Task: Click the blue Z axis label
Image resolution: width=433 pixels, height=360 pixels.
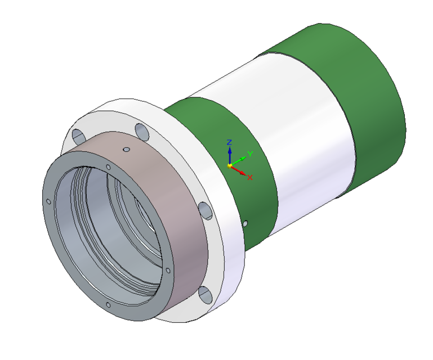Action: tap(229, 142)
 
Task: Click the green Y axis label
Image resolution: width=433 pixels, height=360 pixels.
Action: tap(250, 154)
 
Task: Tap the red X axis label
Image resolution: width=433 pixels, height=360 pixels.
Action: tap(249, 177)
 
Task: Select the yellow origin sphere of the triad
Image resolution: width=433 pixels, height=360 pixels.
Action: tap(230, 165)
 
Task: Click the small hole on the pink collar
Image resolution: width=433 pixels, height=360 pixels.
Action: tap(127, 150)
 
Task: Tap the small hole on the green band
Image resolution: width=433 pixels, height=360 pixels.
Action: tap(245, 223)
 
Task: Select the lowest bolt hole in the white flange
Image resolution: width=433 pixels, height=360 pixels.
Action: tap(204, 294)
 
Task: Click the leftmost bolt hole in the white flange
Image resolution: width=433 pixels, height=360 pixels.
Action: tap(77, 136)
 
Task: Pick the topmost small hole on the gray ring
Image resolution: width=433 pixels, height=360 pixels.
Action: tap(108, 166)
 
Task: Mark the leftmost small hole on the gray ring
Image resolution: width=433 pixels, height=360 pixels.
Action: tap(48, 201)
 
